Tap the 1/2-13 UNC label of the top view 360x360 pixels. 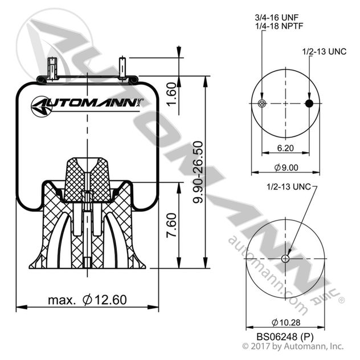[324, 51]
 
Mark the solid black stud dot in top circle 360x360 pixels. [309, 103]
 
